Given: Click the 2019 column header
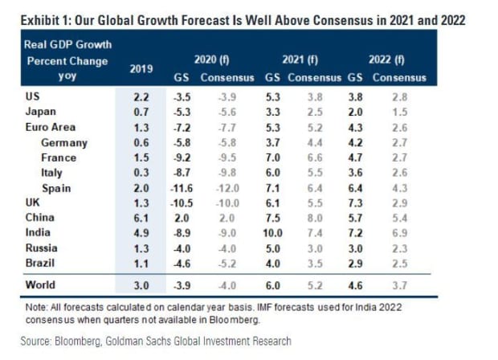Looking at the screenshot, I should (141, 68).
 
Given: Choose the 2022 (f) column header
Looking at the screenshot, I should (387, 59).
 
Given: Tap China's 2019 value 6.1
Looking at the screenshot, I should (141, 217).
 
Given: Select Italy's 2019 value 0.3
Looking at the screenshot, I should (141, 173).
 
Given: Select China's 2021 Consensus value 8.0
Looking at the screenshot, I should (320, 217).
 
